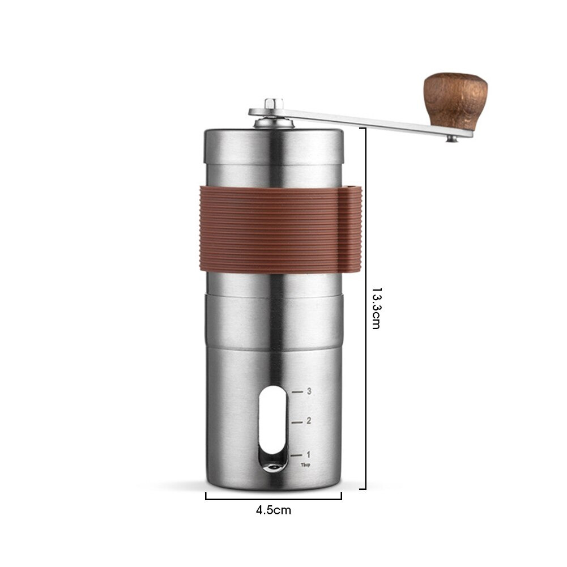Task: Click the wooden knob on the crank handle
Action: click(455, 96)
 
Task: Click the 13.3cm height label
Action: click(376, 308)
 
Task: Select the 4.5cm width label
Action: click(273, 510)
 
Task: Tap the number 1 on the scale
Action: click(308, 454)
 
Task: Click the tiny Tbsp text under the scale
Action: click(306, 464)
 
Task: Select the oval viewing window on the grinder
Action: click(271, 430)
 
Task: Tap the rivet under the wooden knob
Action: click(451, 138)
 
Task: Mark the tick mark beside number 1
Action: click(297, 454)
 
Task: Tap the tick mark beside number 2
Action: click(297, 421)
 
